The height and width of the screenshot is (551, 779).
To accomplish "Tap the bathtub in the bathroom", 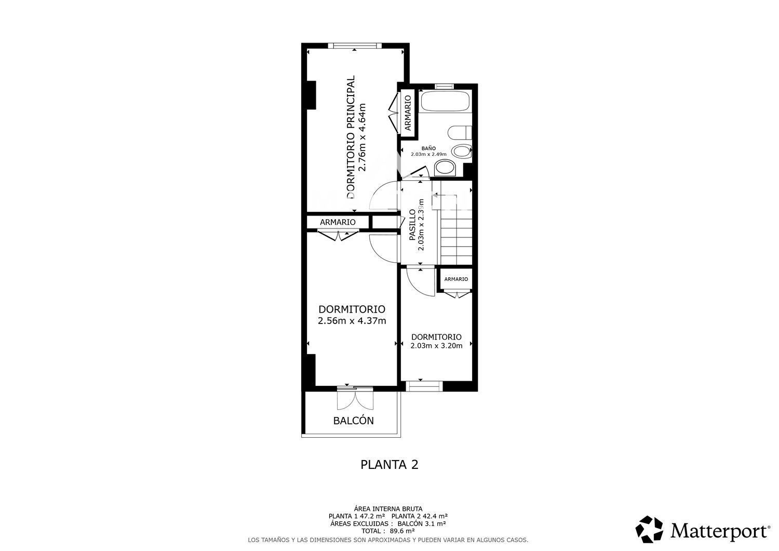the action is [x=445, y=101].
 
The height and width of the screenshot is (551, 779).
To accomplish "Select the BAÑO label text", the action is [x=428, y=149].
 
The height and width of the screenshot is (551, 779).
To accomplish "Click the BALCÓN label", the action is [x=353, y=421].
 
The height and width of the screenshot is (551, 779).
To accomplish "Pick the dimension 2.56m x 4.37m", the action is [x=352, y=321].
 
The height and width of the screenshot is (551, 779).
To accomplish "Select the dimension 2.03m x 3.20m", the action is [x=436, y=346].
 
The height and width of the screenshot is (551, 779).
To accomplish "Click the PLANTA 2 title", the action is [x=389, y=465].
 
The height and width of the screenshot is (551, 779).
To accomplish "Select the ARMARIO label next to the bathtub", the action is [x=408, y=113].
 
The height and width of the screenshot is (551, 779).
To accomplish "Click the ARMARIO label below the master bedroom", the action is [x=338, y=222].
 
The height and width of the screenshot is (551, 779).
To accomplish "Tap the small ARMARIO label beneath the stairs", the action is [x=456, y=279].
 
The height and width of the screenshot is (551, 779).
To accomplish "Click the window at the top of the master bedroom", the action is [x=354, y=45].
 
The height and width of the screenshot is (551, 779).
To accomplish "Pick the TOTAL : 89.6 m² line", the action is [x=388, y=531].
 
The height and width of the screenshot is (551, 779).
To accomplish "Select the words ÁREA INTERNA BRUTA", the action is [x=388, y=509].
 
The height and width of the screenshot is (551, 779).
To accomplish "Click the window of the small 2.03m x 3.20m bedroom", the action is [x=424, y=386].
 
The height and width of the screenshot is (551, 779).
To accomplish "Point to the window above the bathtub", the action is [x=445, y=86].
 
